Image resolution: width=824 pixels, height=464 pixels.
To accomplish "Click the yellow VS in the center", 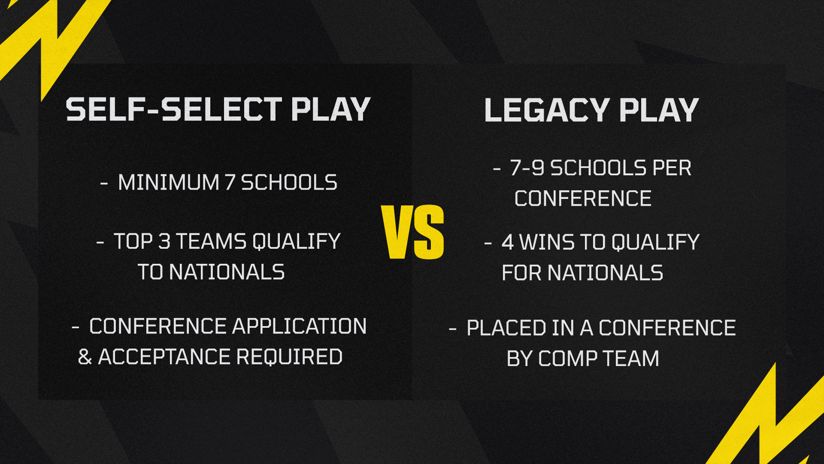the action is [x=412, y=232].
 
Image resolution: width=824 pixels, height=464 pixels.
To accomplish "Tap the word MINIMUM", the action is [x=169, y=182].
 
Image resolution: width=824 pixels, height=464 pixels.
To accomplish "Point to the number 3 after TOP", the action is [x=164, y=241].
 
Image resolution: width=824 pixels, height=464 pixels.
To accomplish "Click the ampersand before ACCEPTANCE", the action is [x=85, y=357].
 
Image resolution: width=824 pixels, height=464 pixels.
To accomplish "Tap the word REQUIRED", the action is [x=289, y=357].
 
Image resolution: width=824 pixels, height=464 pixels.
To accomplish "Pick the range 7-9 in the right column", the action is [x=527, y=168].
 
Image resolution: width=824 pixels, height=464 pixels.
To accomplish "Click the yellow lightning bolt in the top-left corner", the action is [x=51, y=43].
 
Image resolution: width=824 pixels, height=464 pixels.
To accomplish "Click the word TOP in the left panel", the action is [x=133, y=241].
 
